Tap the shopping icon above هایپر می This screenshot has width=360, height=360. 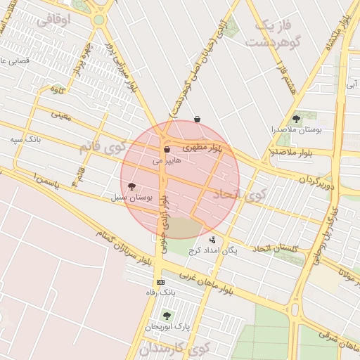[x=167, y=149]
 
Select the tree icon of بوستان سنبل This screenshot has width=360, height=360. [x=131, y=186]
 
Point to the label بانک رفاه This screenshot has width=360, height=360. [x=160, y=292]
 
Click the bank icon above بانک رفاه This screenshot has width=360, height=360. [x=160, y=282]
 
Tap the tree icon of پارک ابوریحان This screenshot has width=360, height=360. [x=167, y=316]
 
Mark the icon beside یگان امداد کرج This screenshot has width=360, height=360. [x=213, y=240]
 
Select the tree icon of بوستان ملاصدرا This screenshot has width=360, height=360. [x=296, y=119]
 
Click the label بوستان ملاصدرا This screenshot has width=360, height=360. [x=296, y=130]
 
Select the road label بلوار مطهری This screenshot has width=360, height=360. [x=202, y=148]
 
